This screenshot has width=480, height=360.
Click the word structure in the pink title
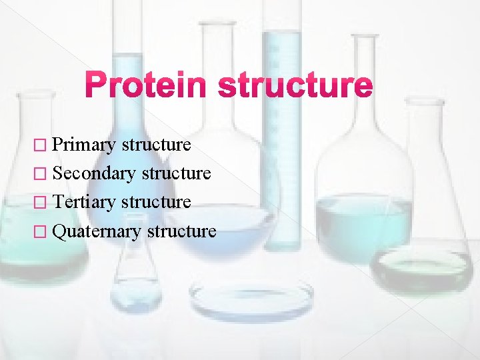[295, 87]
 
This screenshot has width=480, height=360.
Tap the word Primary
[83, 145]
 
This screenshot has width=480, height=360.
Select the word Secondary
[95, 173]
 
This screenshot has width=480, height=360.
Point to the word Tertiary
[84, 202]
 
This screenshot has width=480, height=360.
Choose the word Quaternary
[97, 231]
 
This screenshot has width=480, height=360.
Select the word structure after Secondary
[177, 173]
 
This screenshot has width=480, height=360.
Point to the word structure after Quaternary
[181, 231]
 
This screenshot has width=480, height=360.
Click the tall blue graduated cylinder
[281, 133]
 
